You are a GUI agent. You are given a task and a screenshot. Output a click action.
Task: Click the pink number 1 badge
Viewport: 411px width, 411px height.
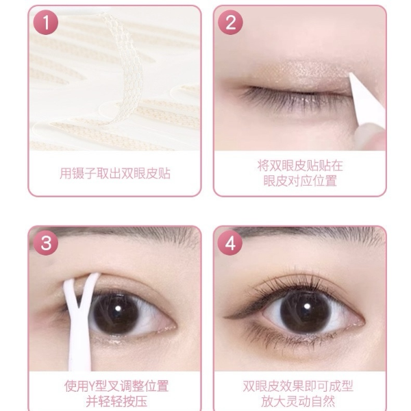click(x=46, y=23)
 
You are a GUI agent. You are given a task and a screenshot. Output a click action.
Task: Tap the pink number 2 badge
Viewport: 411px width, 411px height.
click(x=230, y=23)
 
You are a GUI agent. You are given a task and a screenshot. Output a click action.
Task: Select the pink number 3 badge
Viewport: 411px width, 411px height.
click(x=46, y=243)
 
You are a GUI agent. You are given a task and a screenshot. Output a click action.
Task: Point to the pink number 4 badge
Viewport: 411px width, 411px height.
click(x=230, y=243)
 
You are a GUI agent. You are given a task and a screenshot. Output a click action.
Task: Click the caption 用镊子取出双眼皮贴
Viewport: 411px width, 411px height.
click(x=115, y=173)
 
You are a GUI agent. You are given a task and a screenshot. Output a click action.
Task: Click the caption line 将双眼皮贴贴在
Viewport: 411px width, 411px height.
click(x=300, y=165)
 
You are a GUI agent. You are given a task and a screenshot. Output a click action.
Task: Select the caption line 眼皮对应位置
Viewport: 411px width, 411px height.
click(x=300, y=181)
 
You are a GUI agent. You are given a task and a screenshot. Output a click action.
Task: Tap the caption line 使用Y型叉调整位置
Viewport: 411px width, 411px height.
click(x=116, y=386)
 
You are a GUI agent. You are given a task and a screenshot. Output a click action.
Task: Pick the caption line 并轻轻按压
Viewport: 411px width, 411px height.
click(x=116, y=401)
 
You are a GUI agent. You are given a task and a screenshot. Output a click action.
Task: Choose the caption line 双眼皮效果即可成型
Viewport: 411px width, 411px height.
click(x=298, y=386)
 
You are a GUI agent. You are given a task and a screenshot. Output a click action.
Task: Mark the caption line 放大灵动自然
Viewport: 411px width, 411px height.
click(x=298, y=401)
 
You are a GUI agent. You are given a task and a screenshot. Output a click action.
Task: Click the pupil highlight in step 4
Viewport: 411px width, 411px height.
click(x=307, y=306)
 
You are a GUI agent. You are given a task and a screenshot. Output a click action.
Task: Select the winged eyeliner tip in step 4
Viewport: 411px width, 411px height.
click(x=225, y=317)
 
